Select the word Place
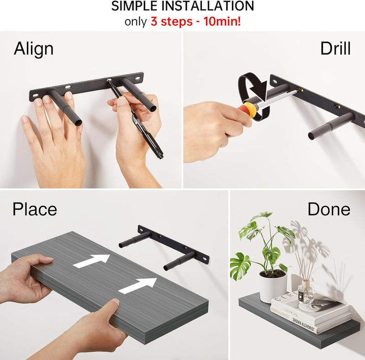[35, 209]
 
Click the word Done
[328, 209]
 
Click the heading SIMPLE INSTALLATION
[182, 6]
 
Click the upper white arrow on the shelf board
[91, 260]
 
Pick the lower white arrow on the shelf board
[137, 285]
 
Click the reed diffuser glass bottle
[306, 293]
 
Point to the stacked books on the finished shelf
[310, 313]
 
